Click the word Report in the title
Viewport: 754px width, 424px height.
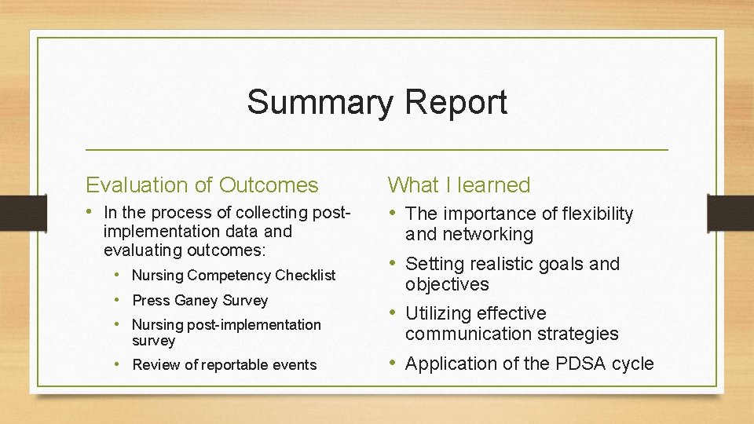[x=457, y=103]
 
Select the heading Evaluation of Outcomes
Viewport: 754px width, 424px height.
[x=202, y=185]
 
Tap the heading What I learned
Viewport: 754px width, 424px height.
[x=459, y=185]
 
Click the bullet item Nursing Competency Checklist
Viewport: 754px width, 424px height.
[x=233, y=276]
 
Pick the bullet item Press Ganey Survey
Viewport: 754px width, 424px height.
[x=199, y=301]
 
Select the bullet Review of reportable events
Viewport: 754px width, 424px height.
[x=224, y=365]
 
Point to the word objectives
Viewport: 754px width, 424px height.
[x=447, y=285]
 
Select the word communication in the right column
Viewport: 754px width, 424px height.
[x=467, y=334]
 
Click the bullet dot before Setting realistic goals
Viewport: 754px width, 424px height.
[x=393, y=264]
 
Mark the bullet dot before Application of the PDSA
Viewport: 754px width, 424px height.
[x=393, y=364]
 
